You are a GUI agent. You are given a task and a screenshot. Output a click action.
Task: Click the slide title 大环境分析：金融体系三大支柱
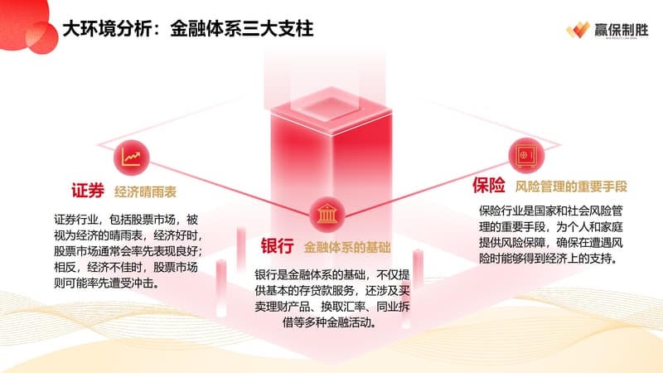click(188, 29)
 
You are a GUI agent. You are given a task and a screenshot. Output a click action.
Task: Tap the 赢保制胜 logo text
click(621, 30)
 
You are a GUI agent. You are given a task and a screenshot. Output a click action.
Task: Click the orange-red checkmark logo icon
click(578, 30)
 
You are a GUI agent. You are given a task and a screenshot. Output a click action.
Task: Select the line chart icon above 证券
click(132, 157)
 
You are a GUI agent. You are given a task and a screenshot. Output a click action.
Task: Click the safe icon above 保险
click(526, 156)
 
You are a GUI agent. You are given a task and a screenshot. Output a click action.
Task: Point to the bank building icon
click(327, 214)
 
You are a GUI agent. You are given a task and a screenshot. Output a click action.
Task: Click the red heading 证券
click(88, 191)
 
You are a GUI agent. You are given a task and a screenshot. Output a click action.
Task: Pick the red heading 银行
click(277, 246)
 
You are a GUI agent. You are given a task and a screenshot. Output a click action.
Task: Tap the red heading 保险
click(488, 185)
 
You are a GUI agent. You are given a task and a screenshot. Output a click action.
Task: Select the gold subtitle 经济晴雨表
click(145, 192)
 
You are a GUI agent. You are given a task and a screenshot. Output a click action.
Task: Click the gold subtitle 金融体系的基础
click(347, 247)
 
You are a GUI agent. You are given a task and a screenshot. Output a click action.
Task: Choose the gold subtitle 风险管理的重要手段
click(571, 186)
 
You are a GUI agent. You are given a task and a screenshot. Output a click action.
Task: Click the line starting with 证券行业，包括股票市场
click(126, 220)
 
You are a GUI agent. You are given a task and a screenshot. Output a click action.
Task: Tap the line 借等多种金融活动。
click(330, 322)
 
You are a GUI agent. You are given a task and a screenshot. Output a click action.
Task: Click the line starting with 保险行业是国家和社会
click(551, 211)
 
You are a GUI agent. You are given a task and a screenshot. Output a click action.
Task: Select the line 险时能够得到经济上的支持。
click(548, 259)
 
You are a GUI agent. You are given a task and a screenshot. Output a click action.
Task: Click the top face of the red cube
click(331, 109)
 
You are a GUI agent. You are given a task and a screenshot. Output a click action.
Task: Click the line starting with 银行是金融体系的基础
click(332, 275)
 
